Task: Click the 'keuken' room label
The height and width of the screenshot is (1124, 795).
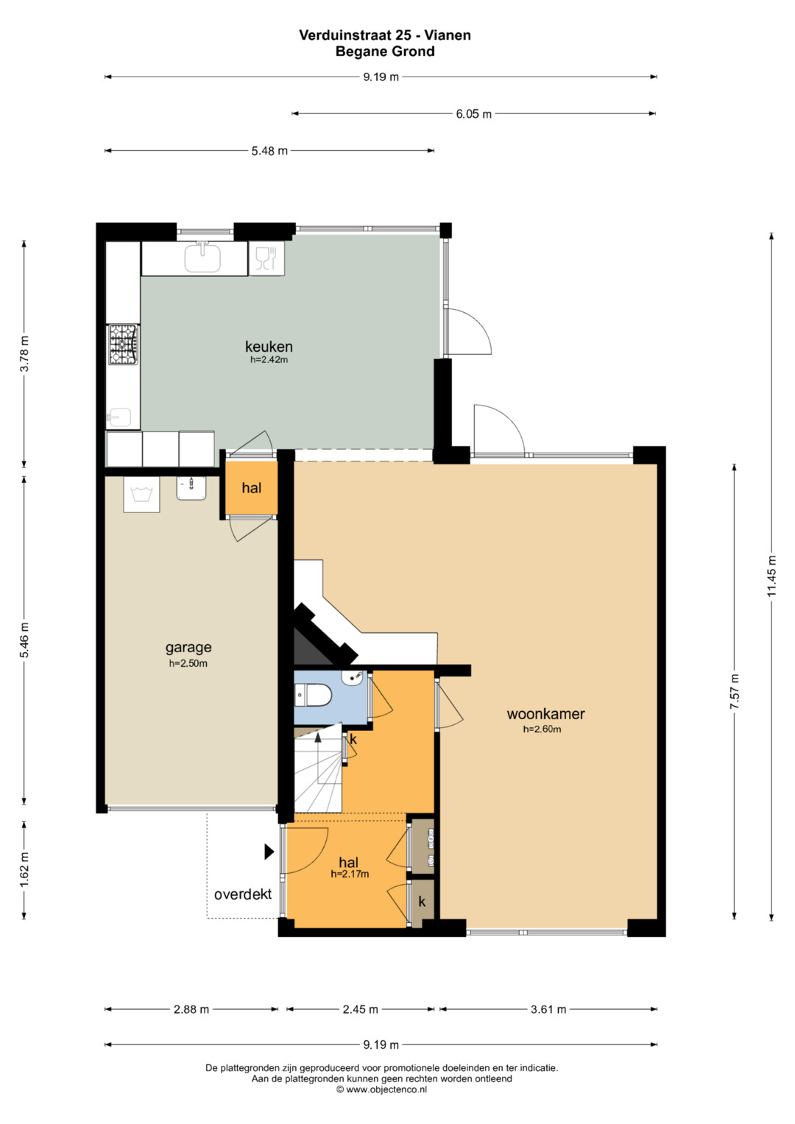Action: pyautogui.click(x=269, y=346)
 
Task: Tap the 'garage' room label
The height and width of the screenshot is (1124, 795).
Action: pyautogui.click(x=188, y=648)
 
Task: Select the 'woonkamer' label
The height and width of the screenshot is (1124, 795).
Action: pyautogui.click(x=545, y=713)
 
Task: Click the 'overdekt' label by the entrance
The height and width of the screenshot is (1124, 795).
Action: pyautogui.click(x=243, y=894)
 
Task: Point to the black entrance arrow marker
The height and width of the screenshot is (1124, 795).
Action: pyautogui.click(x=269, y=851)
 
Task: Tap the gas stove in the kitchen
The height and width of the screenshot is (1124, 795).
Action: pyautogui.click(x=123, y=344)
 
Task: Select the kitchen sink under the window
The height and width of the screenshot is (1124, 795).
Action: pyautogui.click(x=202, y=258)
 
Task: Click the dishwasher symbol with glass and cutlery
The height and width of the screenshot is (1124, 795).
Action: pyautogui.click(x=266, y=258)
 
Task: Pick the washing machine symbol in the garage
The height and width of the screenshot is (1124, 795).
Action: pyautogui.click(x=141, y=494)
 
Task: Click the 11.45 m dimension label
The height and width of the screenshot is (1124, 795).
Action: pyautogui.click(x=771, y=576)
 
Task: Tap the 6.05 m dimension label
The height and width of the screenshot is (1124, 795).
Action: pyautogui.click(x=473, y=114)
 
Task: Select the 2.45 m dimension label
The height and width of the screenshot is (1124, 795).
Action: pyautogui.click(x=361, y=1009)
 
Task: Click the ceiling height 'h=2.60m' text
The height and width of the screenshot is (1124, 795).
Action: pyautogui.click(x=542, y=729)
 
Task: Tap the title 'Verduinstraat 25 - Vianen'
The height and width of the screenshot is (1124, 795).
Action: pyautogui.click(x=385, y=35)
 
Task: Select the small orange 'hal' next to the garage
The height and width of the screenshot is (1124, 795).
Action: pyautogui.click(x=252, y=488)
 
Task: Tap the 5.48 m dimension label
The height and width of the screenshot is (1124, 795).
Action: pyautogui.click(x=269, y=151)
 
